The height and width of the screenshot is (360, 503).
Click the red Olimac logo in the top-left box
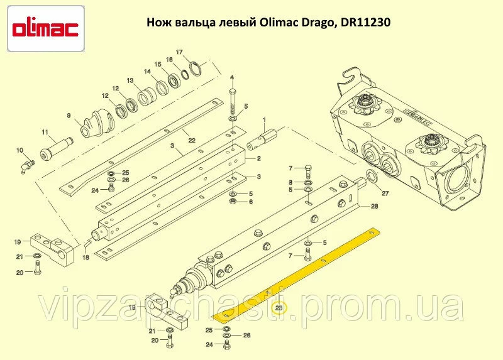[45, 29]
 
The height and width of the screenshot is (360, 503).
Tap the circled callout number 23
[279, 308]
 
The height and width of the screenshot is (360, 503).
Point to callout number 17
[179, 52]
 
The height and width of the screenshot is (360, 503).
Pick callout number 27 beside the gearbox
[385, 194]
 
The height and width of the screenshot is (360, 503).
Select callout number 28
[374, 206]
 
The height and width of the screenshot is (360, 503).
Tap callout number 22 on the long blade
[192, 140]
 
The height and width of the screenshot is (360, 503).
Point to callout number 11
[45, 132]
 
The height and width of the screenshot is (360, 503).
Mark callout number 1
[264, 120]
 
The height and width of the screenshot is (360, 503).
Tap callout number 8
[290, 182]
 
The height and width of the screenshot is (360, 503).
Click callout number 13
[130, 80]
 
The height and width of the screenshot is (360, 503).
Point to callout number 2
[259, 158]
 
